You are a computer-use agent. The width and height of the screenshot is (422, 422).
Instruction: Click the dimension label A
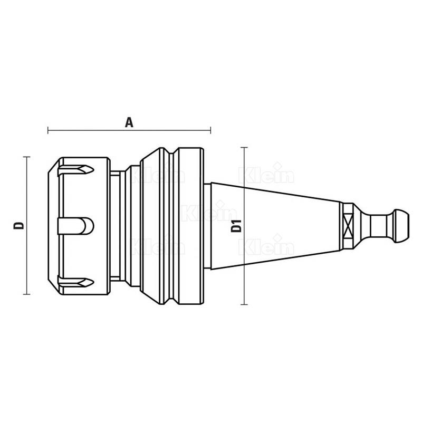point(129,122)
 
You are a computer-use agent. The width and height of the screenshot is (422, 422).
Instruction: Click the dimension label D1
point(236,226)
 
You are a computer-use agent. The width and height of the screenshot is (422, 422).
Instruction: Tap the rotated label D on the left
point(19,226)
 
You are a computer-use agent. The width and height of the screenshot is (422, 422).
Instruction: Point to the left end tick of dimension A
point(48,130)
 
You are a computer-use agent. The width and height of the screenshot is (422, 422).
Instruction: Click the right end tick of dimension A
point(210,130)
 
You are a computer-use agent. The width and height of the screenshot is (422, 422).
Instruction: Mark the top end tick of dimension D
point(27,157)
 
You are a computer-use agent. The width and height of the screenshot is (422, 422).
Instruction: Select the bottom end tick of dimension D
point(27,294)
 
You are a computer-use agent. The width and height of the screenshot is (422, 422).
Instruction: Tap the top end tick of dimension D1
point(244,148)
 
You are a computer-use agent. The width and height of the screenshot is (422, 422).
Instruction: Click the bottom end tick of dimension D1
point(244,304)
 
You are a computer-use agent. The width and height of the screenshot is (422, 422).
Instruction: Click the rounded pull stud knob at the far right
point(401,226)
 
